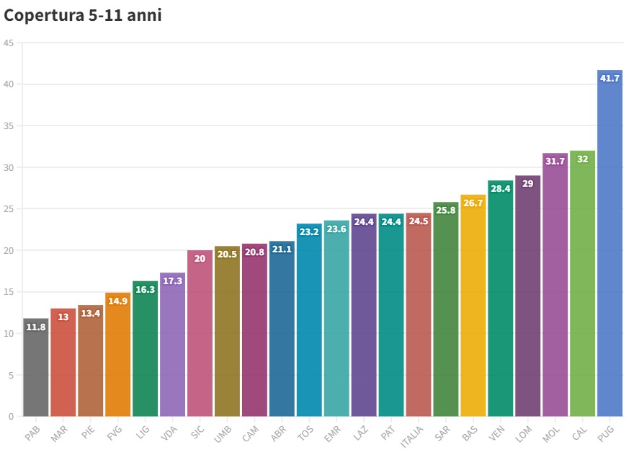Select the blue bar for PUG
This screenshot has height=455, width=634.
coord(610,245)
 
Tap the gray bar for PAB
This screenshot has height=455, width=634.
coord(36,368)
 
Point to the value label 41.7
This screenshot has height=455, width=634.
coord(610,78)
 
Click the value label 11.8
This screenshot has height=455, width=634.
coord(36,327)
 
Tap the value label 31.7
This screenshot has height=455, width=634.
coord(555,162)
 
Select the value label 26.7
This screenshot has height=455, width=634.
coord(473,203)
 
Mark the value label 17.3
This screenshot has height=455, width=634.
coord(172,280)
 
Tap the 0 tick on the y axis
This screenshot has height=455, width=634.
coord(11,416)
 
